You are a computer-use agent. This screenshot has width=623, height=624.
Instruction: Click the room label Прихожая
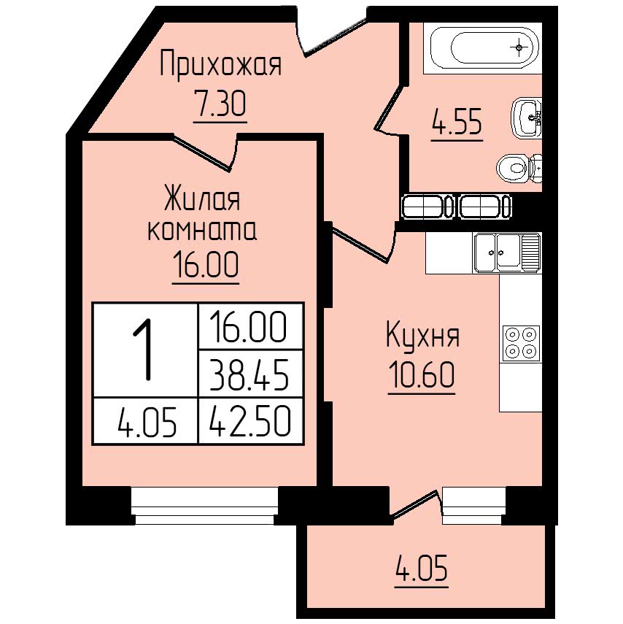click(220, 63)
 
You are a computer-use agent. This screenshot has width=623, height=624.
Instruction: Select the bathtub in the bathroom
click(482, 48)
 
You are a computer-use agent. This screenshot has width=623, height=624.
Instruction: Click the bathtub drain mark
click(519, 47)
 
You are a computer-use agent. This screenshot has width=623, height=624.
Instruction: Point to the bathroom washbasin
click(526, 118)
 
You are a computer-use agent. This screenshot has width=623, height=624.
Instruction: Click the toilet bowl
click(519, 169)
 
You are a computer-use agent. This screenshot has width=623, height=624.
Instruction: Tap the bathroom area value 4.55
click(457, 121)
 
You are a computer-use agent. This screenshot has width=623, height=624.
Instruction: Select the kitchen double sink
click(506, 253)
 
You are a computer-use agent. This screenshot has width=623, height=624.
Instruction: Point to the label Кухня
click(422, 336)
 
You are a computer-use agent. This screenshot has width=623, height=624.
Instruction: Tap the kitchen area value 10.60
click(422, 375)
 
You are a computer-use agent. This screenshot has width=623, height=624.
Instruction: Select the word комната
click(202, 231)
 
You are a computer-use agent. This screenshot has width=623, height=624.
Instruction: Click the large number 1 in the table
click(145, 350)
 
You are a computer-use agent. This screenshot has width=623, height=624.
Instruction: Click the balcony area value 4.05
click(422, 568)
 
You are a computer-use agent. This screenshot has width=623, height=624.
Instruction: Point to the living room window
click(204, 506)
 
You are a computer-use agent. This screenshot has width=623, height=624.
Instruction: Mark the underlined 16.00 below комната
click(206, 265)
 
